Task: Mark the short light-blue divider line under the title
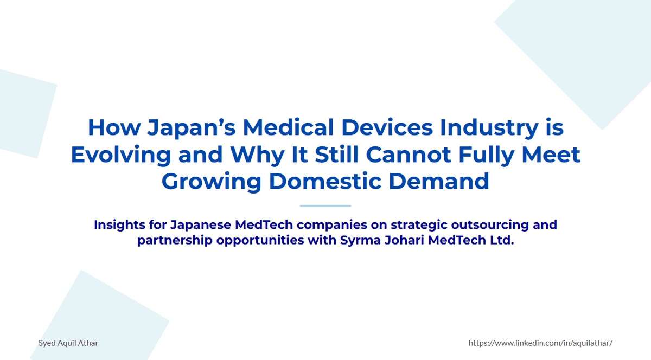pyautogui.click(x=325, y=206)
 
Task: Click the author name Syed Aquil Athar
pyautogui.click(x=68, y=343)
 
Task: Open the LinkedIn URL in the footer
pyautogui.click(x=540, y=343)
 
